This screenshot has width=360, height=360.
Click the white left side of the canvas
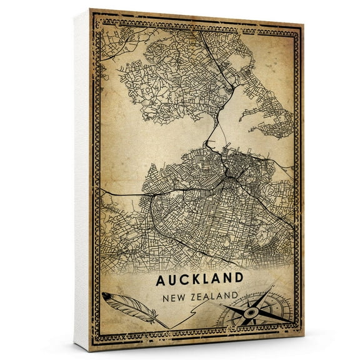pos(82,181)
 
